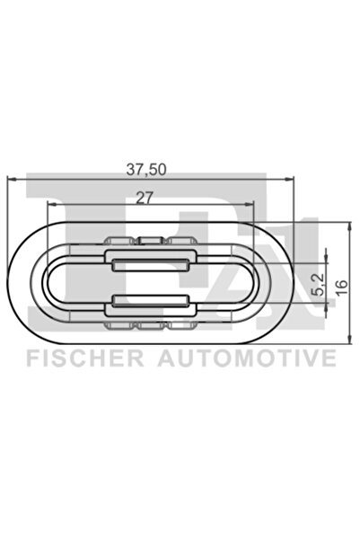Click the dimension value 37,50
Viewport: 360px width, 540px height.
[x=149, y=167]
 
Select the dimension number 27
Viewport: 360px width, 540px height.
[x=147, y=199]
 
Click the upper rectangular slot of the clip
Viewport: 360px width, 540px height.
[x=149, y=262]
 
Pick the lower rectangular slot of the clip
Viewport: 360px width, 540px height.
[x=149, y=304]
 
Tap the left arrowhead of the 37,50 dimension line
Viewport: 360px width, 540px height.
[x=12, y=178]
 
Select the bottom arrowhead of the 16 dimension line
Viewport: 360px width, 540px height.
[x=348, y=341]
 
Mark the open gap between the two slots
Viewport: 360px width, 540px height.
[x=149, y=283]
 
